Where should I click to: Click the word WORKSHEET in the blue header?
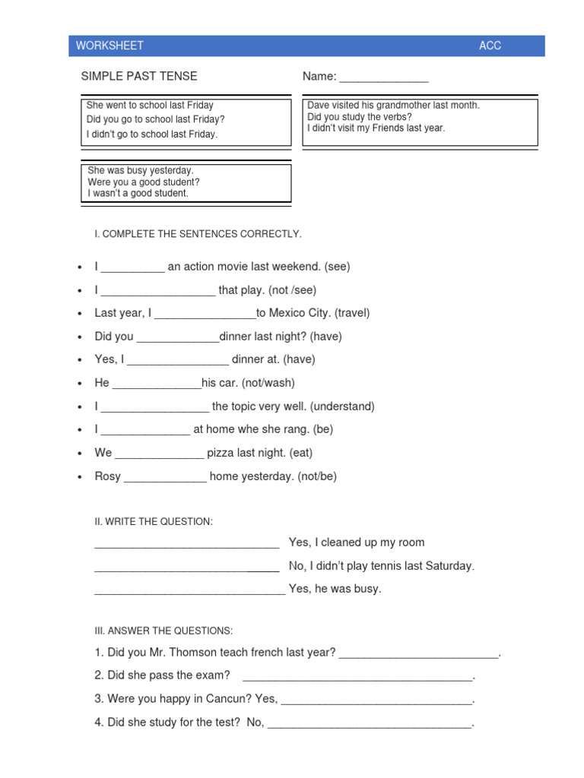point(109,46)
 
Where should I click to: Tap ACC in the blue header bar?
point(490,46)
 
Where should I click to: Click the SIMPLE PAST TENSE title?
point(139,76)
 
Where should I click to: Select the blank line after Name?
point(384,78)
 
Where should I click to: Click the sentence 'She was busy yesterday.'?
point(141,171)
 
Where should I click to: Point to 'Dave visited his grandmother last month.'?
point(393,106)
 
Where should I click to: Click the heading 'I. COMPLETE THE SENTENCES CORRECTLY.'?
point(198,234)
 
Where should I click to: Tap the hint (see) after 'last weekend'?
point(337,267)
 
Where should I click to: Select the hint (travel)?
point(353,313)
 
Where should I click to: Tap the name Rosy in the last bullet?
point(107,476)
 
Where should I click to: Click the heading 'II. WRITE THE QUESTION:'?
point(154,521)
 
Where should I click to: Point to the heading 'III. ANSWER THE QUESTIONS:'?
point(163,631)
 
